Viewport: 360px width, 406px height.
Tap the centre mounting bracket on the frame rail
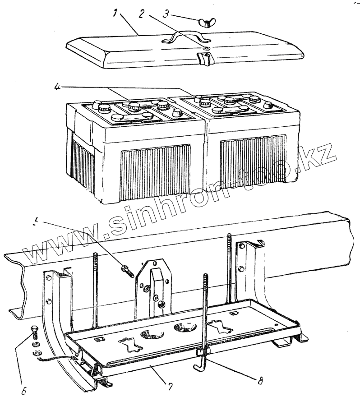(x=154, y=286)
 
